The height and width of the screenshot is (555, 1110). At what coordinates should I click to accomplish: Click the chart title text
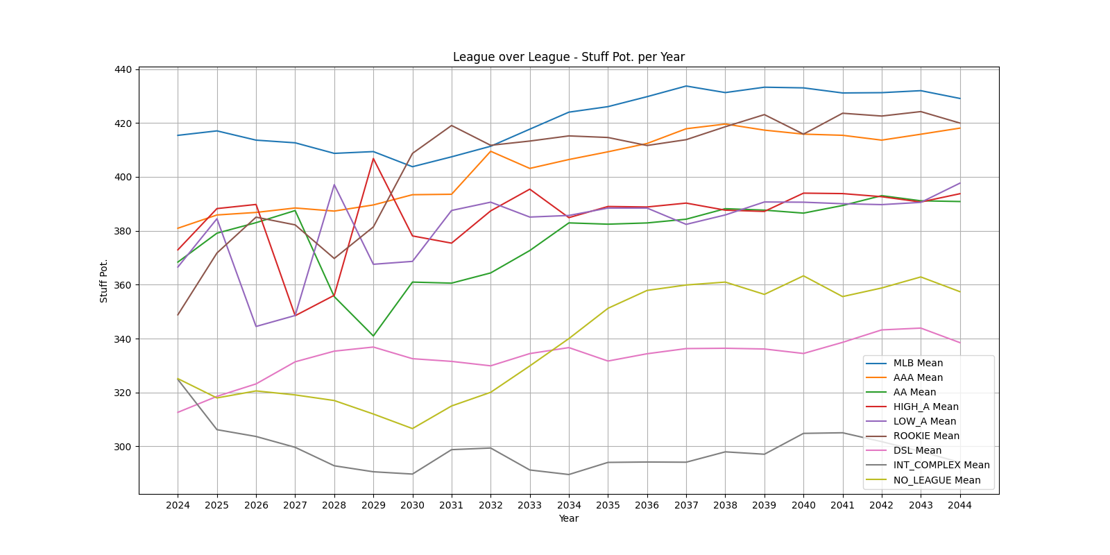(568, 57)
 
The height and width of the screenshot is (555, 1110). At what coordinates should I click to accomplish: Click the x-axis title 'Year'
(568, 518)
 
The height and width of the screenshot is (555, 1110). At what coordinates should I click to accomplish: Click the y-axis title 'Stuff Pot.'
(104, 281)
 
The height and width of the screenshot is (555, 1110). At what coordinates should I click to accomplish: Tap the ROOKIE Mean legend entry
(925, 436)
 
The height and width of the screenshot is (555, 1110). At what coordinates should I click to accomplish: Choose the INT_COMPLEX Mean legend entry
(941, 465)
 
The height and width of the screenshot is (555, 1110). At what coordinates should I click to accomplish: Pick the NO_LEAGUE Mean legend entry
(937, 480)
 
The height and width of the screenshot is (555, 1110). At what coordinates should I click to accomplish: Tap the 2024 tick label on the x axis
(178, 505)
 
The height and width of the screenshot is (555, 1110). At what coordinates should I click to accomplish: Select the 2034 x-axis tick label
(569, 505)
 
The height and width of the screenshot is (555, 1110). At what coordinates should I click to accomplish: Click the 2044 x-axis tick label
(959, 505)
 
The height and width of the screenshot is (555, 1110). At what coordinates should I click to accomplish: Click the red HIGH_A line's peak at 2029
(373, 158)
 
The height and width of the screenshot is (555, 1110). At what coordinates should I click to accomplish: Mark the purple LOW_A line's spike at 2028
(334, 185)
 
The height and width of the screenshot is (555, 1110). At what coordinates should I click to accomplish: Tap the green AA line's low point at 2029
(373, 336)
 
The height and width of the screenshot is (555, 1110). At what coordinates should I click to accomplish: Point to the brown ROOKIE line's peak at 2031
(452, 126)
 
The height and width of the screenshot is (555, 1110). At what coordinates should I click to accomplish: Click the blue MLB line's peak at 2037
(686, 86)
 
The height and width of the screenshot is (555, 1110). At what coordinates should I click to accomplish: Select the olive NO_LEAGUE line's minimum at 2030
(412, 428)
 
